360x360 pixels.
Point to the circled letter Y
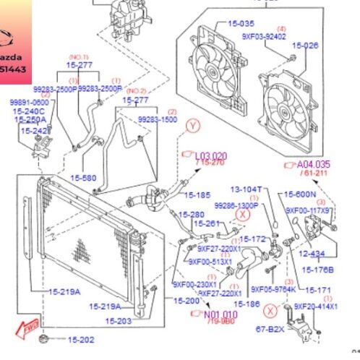192,126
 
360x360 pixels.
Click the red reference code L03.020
211,155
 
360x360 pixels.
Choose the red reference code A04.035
314,164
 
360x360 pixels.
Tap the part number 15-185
197,194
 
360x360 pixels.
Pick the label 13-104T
246,189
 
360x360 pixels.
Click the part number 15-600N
301,194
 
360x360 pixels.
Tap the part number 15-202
81,340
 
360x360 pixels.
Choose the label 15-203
119,321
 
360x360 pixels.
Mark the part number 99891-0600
30,103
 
